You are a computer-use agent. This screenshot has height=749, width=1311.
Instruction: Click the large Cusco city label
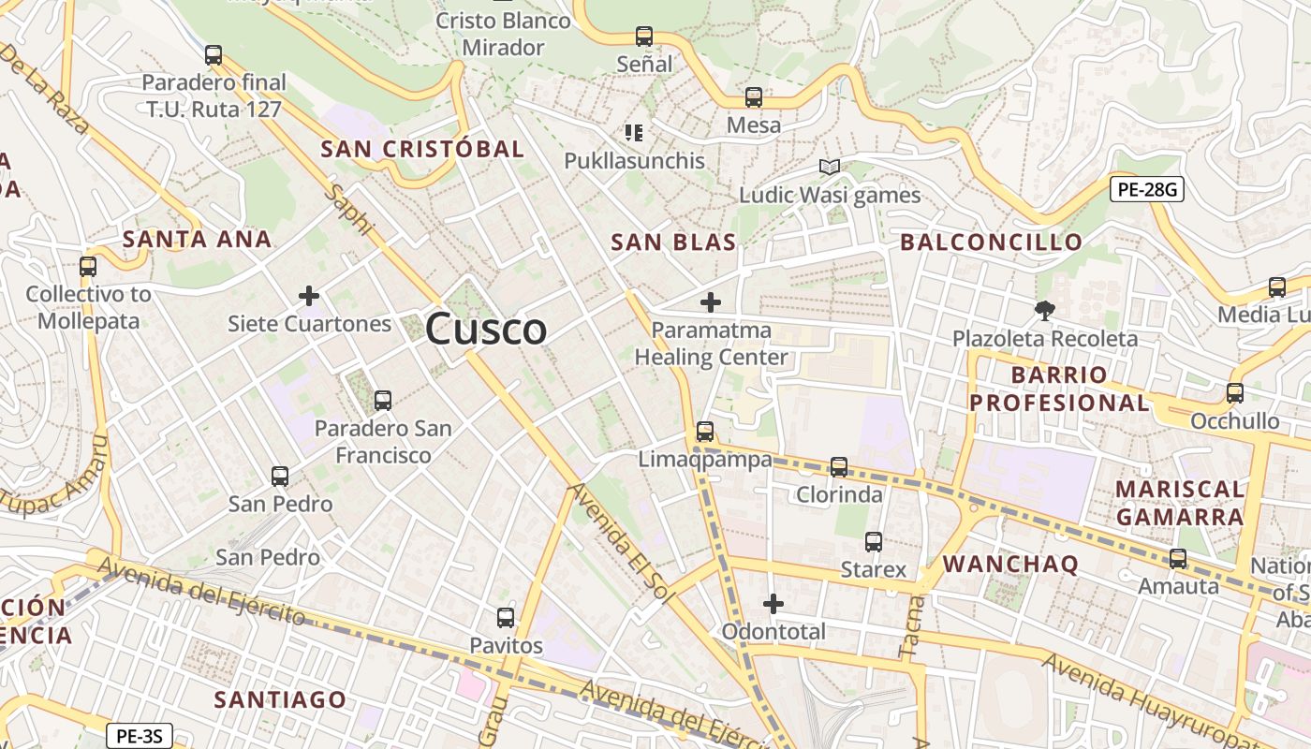click(486, 329)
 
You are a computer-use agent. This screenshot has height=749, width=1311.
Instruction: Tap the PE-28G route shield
click(1147, 190)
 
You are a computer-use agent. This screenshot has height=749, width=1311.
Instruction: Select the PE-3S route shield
click(139, 737)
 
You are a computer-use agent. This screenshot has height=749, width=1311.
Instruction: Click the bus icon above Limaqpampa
click(705, 432)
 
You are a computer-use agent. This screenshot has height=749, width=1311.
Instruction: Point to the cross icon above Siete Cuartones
click(309, 297)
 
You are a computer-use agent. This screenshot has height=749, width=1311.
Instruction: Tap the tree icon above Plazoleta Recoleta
click(1044, 310)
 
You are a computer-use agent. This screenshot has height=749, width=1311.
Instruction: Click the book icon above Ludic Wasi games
click(829, 168)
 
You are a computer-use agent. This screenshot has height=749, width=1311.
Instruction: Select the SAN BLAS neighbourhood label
click(673, 242)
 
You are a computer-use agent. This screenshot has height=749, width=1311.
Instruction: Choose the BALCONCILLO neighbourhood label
click(991, 242)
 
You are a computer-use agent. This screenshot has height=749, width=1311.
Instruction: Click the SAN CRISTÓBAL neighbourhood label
click(422, 149)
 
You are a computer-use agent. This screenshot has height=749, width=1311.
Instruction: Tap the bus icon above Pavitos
click(506, 618)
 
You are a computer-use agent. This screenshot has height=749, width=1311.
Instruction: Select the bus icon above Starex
click(874, 541)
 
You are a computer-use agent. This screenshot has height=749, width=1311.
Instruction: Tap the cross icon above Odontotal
click(773, 604)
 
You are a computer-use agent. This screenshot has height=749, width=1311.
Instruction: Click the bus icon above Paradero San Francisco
click(382, 401)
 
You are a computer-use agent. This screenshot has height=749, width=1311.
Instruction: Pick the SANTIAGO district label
click(280, 699)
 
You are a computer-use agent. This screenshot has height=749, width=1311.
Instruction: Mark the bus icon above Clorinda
click(839, 466)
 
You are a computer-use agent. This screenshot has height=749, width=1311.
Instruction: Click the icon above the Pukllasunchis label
click(634, 133)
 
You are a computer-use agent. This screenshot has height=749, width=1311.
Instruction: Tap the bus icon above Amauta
click(1178, 559)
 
